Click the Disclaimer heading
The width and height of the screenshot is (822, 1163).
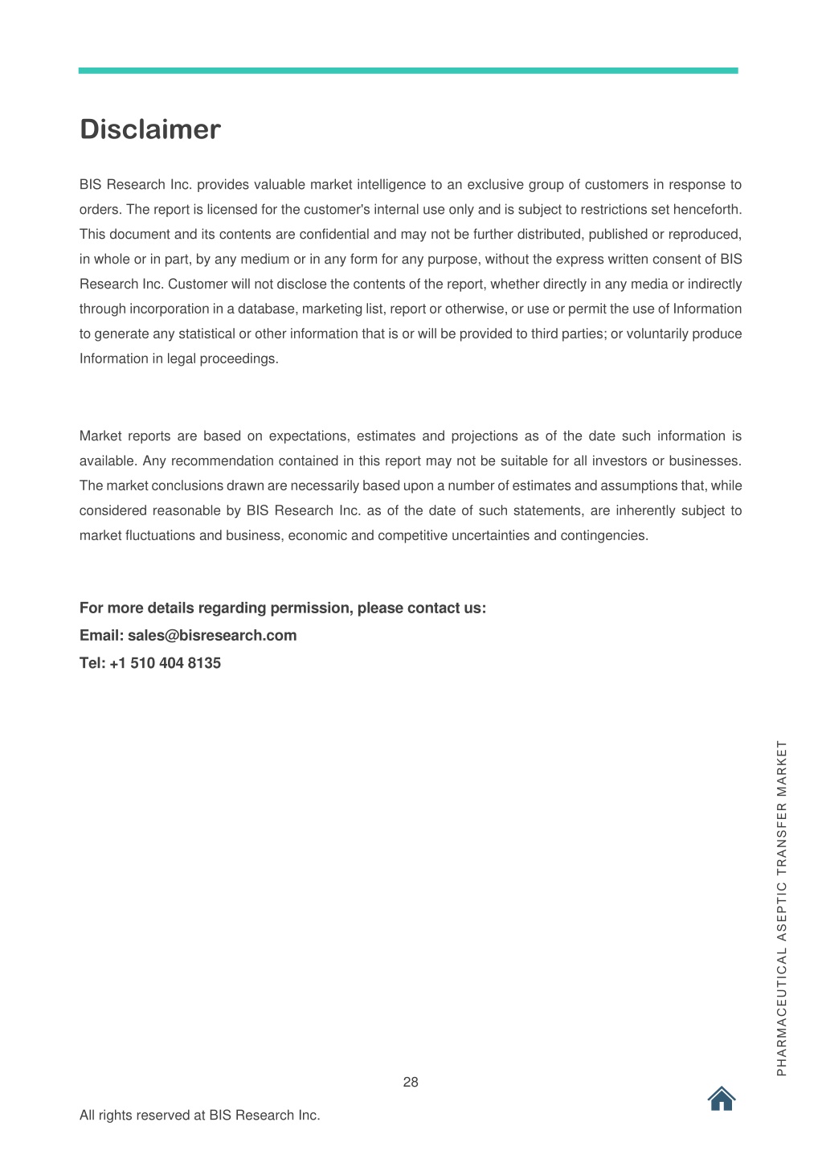149,129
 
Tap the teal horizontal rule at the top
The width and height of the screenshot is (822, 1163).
407,71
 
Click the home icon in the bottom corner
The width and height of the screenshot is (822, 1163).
722,1098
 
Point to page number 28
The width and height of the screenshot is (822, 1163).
411,1082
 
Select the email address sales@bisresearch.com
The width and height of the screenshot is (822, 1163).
212,635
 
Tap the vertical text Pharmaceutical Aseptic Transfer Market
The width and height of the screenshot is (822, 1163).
782,908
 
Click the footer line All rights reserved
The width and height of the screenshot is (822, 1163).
199,1115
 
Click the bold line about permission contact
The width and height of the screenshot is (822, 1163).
282,608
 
